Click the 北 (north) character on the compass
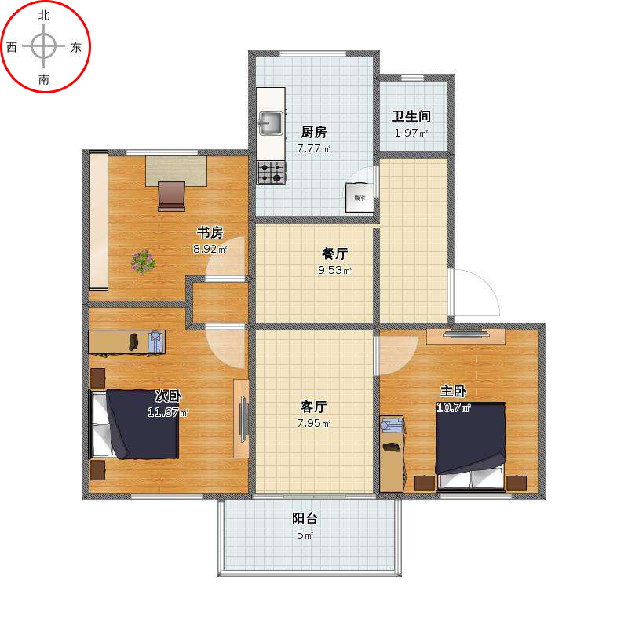pyautogui.click(x=44, y=15)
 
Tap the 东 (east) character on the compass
pyautogui.click(x=76, y=47)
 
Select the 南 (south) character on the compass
pyautogui.click(x=44, y=79)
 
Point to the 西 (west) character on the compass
pyautogui.click(x=12, y=47)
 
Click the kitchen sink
pyautogui.click(x=271, y=122)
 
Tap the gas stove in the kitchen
pyautogui.click(x=272, y=172)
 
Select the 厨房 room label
pyautogui.click(x=313, y=132)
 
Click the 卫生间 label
pyautogui.click(x=411, y=116)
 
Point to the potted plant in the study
pyautogui.click(x=143, y=261)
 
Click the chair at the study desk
pyautogui.click(x=171, y=195)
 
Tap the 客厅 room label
pyautogui.click(x=313, y=407)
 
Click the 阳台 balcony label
pyautogui.click(x=305, y=518)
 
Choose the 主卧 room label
pyautogui.click(x=454, y=391)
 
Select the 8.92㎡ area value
pyautogui.click(x=210, y=250)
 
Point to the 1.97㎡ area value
pyautogui.click(x=411, y=133)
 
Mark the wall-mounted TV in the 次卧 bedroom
pyautogui.click(x=243, y=418)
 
